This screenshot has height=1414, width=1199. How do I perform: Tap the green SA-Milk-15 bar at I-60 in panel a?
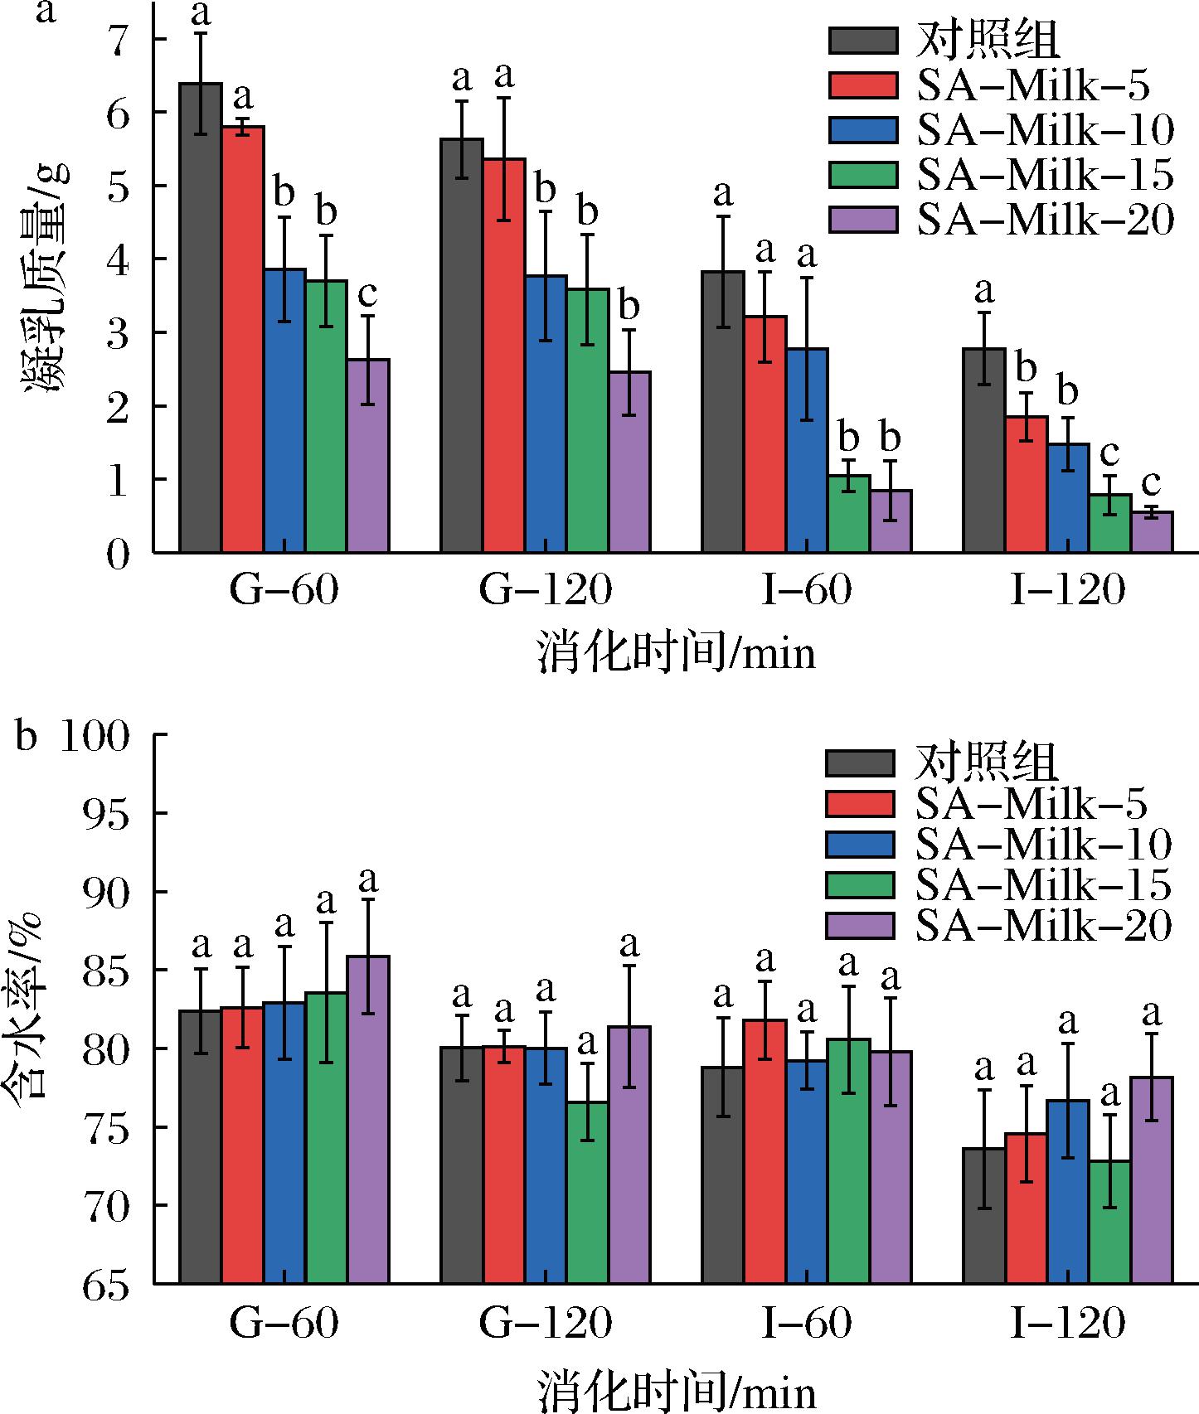tap(849, 514)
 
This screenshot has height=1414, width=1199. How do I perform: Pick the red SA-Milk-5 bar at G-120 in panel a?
tap(504, 356)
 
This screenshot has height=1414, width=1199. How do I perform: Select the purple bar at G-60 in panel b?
tap(368, 1119)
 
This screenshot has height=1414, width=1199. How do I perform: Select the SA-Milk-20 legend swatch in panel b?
tap(860, 925)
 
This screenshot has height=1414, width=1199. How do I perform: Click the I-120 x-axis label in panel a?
tap(1068, 590)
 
